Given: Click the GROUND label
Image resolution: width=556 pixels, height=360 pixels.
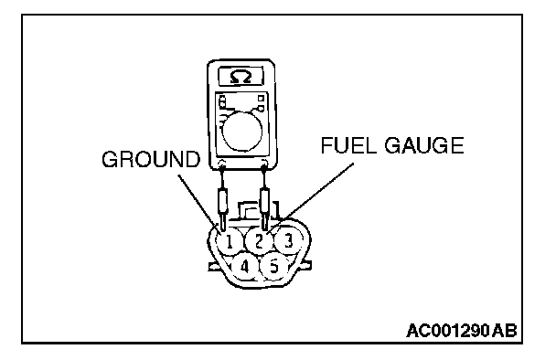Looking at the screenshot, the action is (x=151, y=159).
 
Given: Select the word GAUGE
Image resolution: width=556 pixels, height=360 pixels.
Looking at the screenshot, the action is (x=424, y=145).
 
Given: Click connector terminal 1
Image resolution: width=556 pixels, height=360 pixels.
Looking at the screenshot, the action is (x=229, y=242).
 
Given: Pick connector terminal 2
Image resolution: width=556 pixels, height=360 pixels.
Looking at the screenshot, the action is (x=259, y=241).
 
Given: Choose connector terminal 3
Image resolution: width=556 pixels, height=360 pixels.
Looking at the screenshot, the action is (x=289, y=240).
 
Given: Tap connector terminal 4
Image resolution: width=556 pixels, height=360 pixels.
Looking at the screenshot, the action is (x=244, y=267).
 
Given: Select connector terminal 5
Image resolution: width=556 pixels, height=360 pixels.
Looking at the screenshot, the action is (x=273, y=266).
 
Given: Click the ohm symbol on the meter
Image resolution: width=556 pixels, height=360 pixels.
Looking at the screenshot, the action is (x=241, y=77).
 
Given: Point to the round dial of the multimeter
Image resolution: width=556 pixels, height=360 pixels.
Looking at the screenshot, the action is (x=241, y=132).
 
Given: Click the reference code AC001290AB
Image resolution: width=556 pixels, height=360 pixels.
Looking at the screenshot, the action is (x=462, y=331).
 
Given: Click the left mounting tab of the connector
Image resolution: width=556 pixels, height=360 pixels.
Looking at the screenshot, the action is (x=214, y=267).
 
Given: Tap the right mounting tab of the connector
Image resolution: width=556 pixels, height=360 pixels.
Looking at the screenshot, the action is (x=306, y=265).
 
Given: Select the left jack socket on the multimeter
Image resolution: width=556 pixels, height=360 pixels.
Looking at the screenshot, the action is (x=222, y=164).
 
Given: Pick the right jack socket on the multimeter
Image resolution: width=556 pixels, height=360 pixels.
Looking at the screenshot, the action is (x=264, y=163).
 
